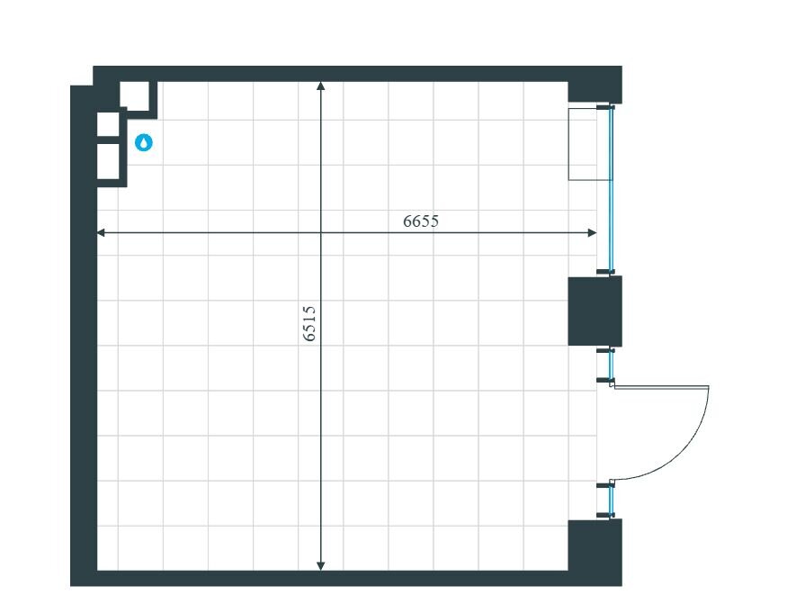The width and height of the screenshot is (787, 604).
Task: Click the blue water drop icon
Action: click(144, 143)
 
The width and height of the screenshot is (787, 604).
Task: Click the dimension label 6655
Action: click(421, 221)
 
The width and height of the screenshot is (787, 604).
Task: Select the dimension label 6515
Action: click(309, 324)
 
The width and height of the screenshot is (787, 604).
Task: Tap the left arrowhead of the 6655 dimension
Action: click(101, 232)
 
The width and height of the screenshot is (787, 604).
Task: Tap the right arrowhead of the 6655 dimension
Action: click(592, 232)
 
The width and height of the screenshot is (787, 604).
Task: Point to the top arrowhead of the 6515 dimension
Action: click(321, 86)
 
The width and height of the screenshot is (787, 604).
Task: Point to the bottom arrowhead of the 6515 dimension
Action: click(321, 566)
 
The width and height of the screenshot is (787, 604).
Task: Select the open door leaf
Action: click(661, 387)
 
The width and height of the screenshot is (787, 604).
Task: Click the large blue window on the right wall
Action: click(612, 189)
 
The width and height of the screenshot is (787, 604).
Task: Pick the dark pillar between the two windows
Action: click(595, 311)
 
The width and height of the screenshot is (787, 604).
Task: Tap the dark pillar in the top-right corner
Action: click(595, 86)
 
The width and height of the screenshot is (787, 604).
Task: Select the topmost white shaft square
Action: click(135, 95)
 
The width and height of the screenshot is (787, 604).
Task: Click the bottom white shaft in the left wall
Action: click(108, 161)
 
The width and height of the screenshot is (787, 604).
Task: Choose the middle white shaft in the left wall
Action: click(108, 124)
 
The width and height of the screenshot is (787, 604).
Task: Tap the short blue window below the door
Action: click(612, 500)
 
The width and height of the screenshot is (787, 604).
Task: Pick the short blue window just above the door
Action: click(612, 365)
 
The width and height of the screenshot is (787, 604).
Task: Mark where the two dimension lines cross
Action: click(321, 232)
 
